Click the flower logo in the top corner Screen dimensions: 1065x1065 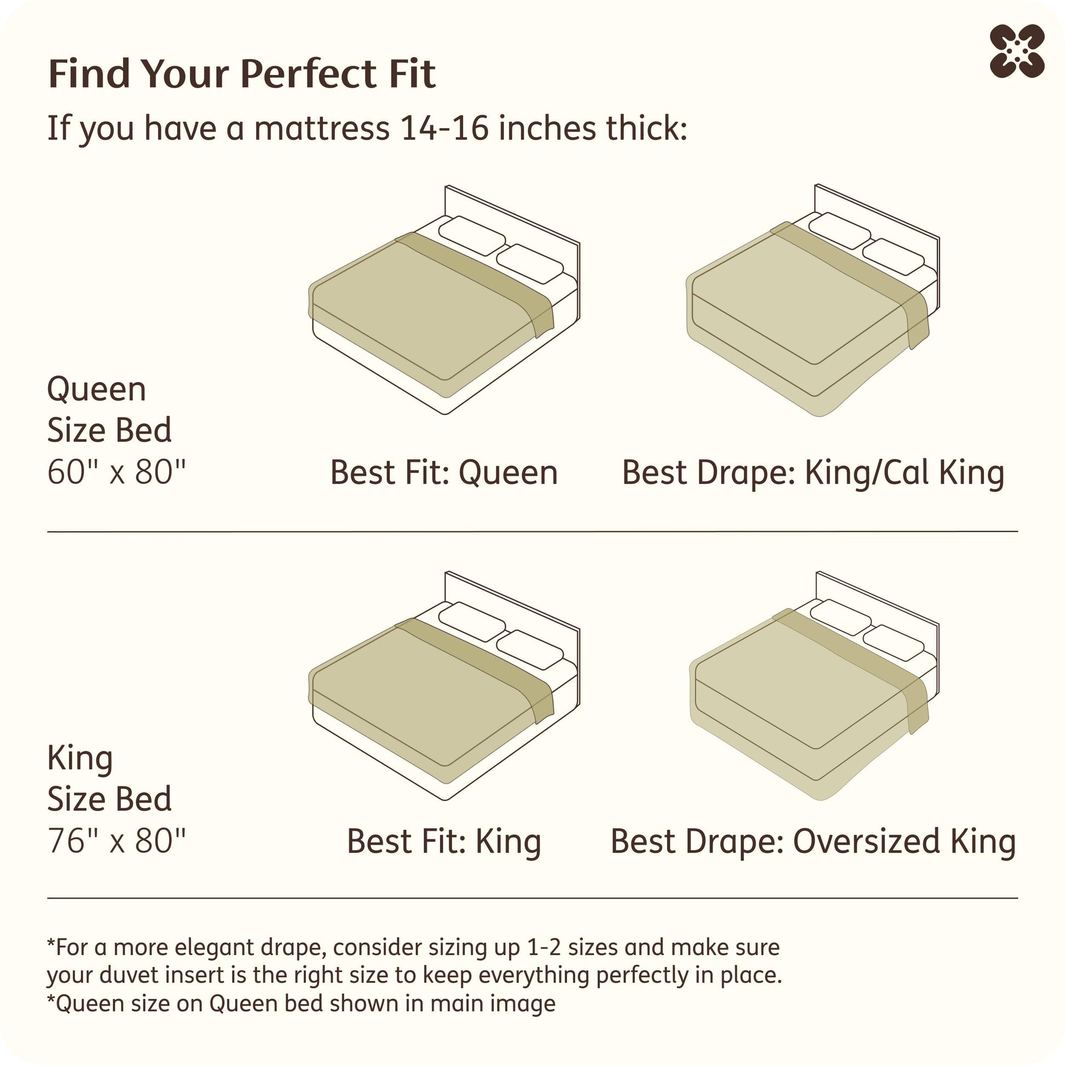[x=1016, y=51]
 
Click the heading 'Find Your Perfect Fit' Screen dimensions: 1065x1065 [x=242, y=73]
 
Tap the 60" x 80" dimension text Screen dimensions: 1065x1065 [x=117, y=472]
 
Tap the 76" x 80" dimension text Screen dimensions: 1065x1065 [x=117, y=840]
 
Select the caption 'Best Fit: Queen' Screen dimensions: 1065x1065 [x=444, y=473]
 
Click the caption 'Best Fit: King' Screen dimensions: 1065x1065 [x=444, y=842]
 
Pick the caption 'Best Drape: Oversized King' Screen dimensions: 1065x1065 [x=813, y=842]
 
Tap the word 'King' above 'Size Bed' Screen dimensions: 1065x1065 [x=80, y=759]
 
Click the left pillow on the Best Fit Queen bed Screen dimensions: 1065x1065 [x=472, y=236]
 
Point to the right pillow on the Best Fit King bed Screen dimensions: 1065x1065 [x=530, y=650]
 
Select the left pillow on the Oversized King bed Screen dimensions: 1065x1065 [x=840, y=617]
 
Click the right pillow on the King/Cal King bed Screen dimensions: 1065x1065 [x=893, y=256]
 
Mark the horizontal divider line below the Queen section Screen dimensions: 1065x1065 [x=532, y=532]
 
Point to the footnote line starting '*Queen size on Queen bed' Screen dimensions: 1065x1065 [x=301, y=1003]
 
